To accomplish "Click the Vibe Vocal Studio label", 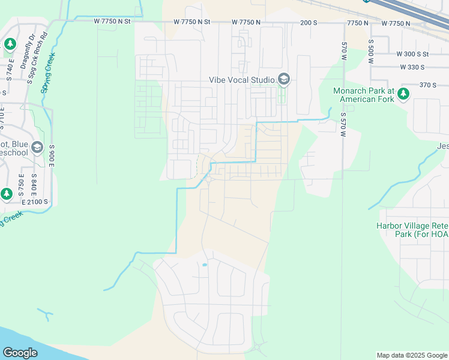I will [241, 79].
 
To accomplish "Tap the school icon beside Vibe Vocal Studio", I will [283, 79].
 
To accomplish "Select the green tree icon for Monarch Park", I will [403, 93].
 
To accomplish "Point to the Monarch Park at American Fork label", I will [363, 95].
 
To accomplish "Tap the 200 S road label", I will [309, 22].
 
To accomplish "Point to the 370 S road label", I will [428, 85].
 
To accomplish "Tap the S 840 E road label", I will [34, 185].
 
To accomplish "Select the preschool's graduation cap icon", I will [37, 148].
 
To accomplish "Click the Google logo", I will [20, 353].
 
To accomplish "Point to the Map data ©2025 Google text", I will [412, 355].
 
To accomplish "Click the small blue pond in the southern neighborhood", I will [205, 265].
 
